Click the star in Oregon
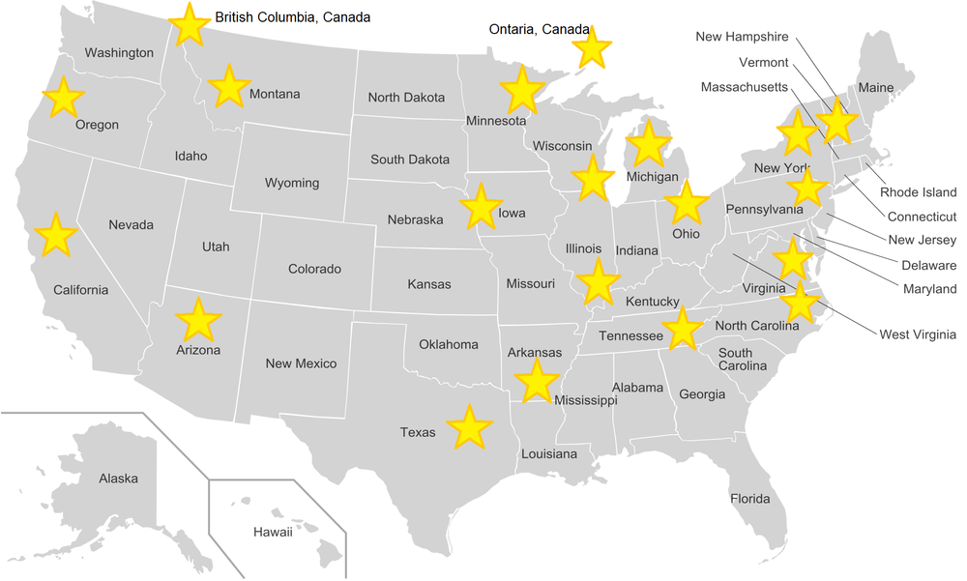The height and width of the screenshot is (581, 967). tap(63, 99)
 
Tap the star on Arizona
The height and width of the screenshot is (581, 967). tap(198, 320)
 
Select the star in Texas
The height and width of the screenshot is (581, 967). tap(470, 427)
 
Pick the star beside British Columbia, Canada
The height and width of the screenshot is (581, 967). tap(190, 24)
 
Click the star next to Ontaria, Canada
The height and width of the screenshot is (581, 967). tap(592, 47)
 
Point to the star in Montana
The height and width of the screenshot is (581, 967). tap(229, 87)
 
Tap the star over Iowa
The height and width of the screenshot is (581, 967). tap(480, 207)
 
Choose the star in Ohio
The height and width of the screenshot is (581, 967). tap(687, 203)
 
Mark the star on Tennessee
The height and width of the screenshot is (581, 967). tap(683, 329)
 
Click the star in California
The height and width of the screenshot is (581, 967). tap(55, 236)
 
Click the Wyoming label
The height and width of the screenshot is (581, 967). tap(292, 183)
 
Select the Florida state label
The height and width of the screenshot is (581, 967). tap(750, 499)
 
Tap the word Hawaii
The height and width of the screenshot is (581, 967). tap(273, 532)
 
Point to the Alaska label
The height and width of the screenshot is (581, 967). tap(118, 478)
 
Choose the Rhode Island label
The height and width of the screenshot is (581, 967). tap(918, 192)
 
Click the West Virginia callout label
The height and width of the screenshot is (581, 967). tap(917, 334)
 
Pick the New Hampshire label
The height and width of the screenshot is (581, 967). tap(742, 37)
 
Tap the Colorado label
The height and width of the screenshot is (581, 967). tap(314, 269)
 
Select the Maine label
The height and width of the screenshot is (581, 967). tap(876, 88)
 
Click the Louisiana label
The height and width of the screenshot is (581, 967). tap(548, 453)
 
